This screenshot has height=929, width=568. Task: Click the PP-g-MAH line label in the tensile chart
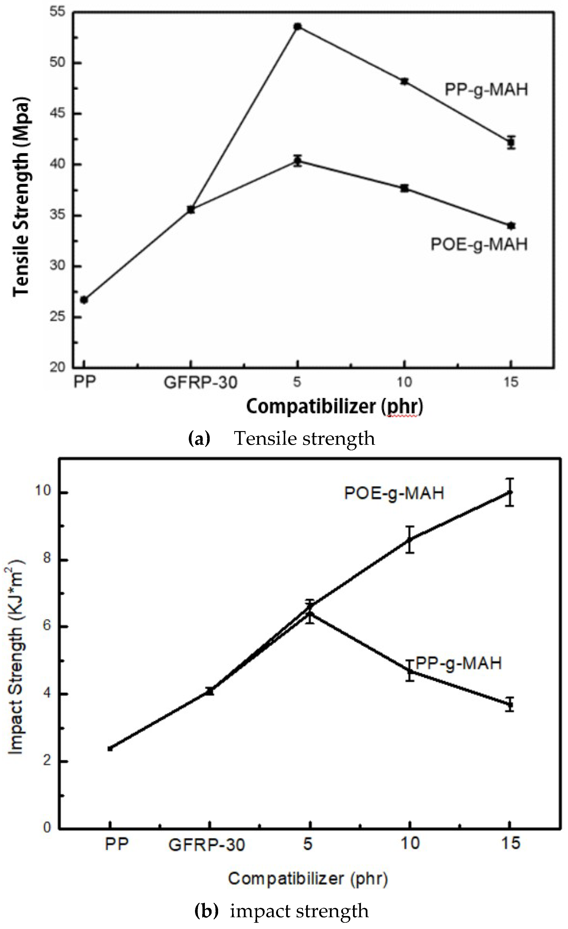click(x=486, y=90)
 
